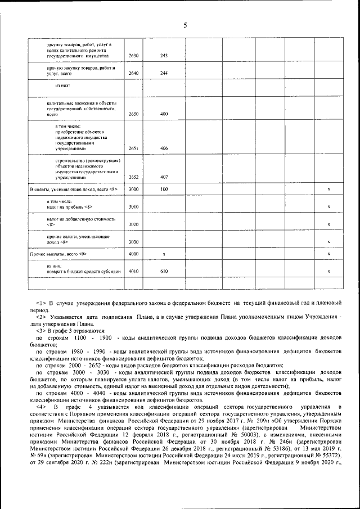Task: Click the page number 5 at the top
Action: (184, 24)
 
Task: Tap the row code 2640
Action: (134, 74)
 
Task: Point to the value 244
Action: (164, 74)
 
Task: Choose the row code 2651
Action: (134, 148)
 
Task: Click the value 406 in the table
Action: (164, 148)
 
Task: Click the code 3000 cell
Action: (134, 190)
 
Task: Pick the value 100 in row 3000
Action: (164, 190)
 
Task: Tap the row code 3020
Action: (134, 224)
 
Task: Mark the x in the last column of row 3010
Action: (328, 207)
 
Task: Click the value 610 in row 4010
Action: (164, 271)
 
